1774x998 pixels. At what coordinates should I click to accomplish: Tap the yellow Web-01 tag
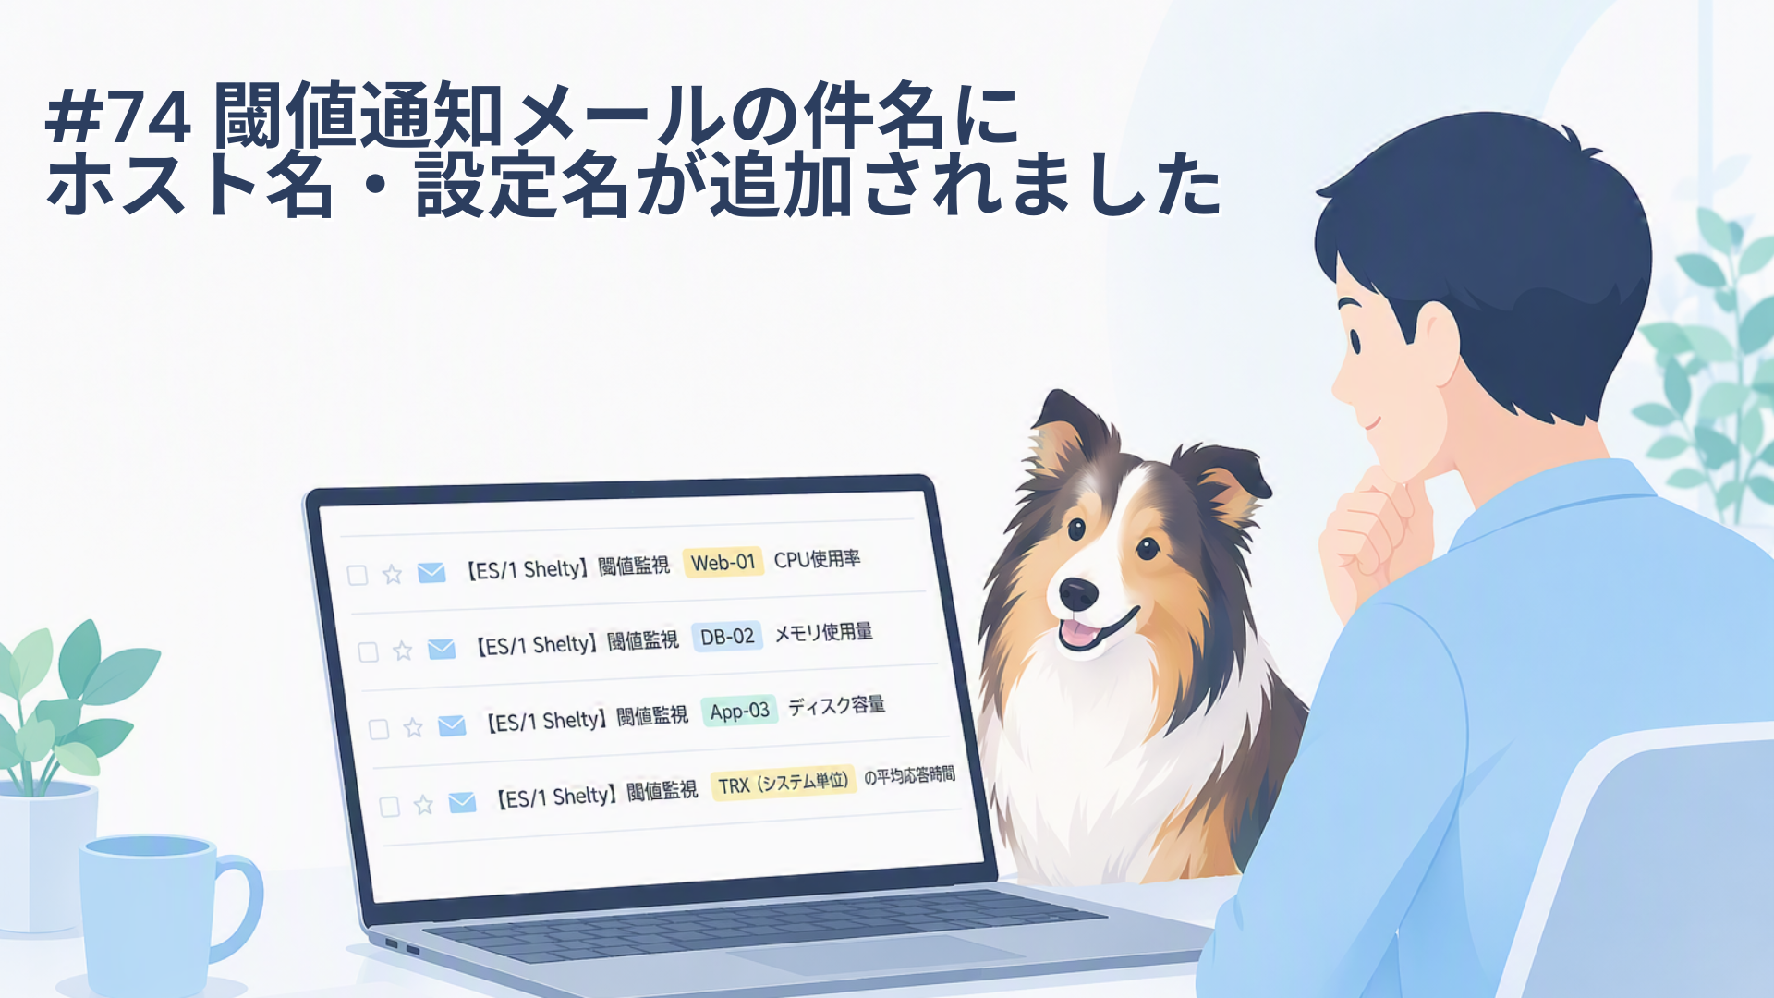pyautogui.click(x=723, y=562)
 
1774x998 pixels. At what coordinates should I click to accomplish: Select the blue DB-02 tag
pyautogui.click(x=727, y=637)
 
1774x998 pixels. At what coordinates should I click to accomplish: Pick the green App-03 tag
pyautogui.click(x=739, y=711)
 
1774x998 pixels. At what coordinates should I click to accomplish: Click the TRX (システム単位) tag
pyautogui.click(x=783, y=784)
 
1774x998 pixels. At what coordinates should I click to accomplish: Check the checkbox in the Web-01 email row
pyautogui.click(x=358, y=575)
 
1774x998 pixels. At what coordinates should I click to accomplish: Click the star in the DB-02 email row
pyautogui.click(x=402, y=651)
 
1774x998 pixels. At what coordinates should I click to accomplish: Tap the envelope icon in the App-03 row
pyautogui.click(x=452, y=725)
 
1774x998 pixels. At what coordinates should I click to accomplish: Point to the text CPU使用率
pyautogui.click(x=817, y=559)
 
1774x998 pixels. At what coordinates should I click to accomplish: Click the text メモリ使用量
pyautogui.click(x=823, y=632)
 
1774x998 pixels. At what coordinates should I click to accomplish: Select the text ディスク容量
pyautogui.click(x=836, y=705)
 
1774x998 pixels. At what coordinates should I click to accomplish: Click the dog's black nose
pyautogui.click(x=1078, y=594)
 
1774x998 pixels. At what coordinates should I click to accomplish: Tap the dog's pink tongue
pyautogui.click(x=1077, y=634)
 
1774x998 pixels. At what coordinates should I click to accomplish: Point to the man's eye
pyautogui.click(x=1355, y=339)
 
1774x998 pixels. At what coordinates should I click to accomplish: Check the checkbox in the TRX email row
pyautogui.click(x=390, y=807)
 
